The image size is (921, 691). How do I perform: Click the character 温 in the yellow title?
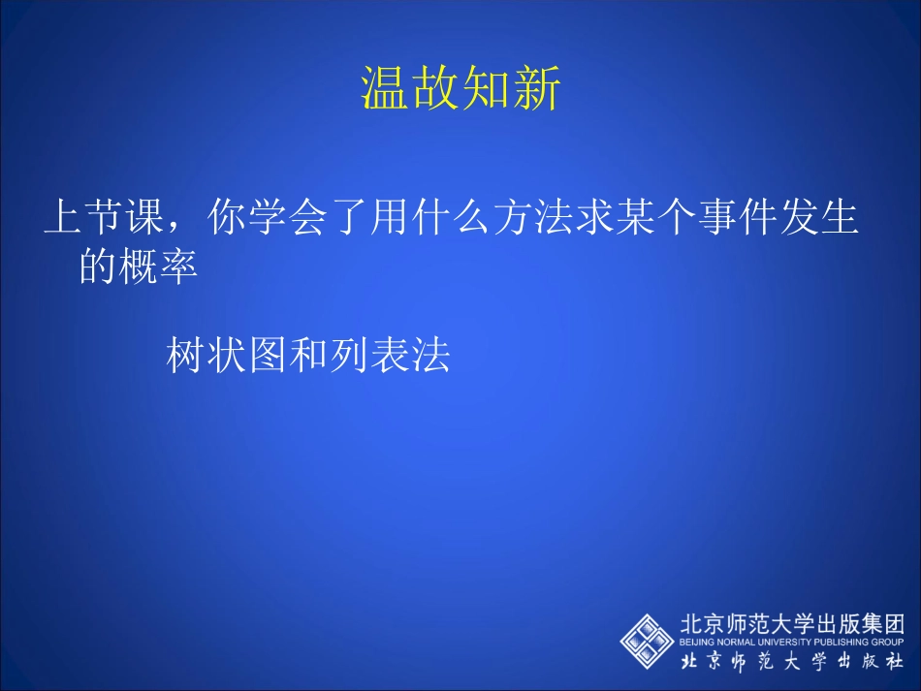(386, 90)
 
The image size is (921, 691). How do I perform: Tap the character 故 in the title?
(436, 90)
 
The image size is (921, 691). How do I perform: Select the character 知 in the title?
(487, 90)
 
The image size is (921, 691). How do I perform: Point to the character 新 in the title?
(537, 90)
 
